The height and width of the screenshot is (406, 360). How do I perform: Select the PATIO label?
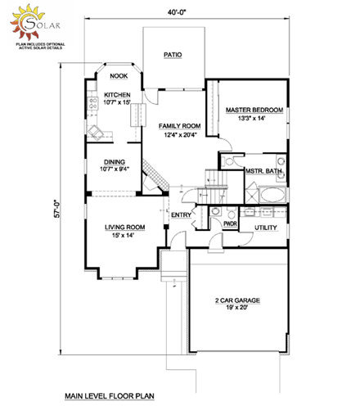(172, 55)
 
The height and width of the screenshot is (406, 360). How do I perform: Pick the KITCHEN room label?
(117, 95)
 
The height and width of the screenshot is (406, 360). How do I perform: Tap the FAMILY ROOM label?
(175, 126)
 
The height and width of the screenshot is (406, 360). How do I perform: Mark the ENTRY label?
(180, 215)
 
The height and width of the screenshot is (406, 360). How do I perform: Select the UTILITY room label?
(266, 227)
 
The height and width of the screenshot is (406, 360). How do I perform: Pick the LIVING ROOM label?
(124, 227)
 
